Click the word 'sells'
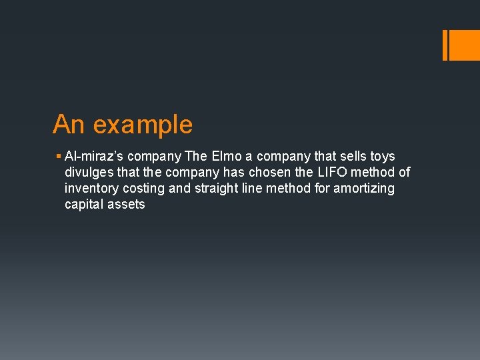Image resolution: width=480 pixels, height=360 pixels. pyautogui.click(x=354, y=157)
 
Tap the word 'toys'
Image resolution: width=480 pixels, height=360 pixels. pyautogui.click(x=383, y=157)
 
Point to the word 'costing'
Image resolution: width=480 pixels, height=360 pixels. pyautogui.click(x=144, y=189)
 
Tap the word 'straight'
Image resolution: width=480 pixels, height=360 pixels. pyautogui.click(x=217, y=189)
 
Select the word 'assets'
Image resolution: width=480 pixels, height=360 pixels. pyautogui.click(x=127, y=205)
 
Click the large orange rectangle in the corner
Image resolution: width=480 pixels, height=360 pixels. pyautogui.click(x=465, y=45)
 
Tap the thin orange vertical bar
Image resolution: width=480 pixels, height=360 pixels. pyautogui.click(x=445, y=45)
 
